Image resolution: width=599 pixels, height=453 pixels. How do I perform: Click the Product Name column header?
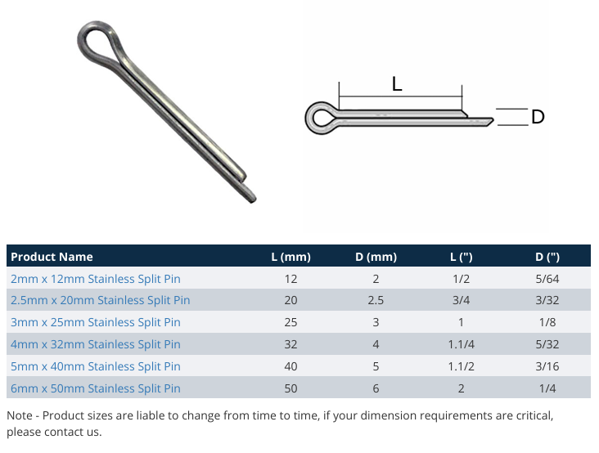(52, 257)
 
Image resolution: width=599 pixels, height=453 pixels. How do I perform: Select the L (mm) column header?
(290, 257)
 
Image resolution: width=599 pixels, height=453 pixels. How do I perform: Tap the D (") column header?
(547, 257)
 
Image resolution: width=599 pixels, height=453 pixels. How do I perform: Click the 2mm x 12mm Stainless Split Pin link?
(95, 279)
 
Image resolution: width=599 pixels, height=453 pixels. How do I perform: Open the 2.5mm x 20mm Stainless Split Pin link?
(100, 300)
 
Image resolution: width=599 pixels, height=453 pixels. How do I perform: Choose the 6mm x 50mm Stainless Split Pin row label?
(95, 388)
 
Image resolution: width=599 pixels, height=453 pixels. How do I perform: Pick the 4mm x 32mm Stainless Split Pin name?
(95, 344)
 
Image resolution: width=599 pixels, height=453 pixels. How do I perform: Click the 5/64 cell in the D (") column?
(547, 279)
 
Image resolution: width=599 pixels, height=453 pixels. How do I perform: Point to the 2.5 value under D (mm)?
(376, 300)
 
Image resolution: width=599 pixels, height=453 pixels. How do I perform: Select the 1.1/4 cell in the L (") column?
(462, 344)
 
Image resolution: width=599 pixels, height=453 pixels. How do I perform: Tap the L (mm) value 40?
(290, 366)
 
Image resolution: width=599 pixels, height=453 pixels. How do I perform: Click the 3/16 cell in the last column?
(547, 366)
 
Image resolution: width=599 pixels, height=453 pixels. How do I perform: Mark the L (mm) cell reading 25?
(290, 322)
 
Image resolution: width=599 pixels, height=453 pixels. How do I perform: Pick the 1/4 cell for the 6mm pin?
(547, 388)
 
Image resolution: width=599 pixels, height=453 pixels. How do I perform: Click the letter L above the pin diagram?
(397, 83)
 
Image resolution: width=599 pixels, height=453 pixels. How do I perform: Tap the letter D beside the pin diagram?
(538, 118)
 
